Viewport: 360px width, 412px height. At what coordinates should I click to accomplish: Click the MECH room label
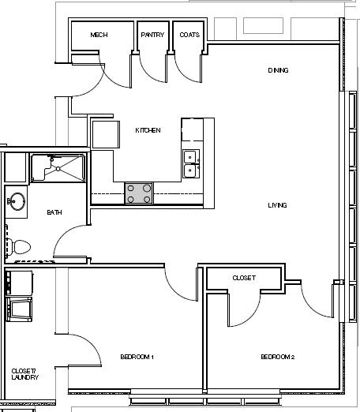tap(99, 36)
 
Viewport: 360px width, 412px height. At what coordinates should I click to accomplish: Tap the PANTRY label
tap(152, 36)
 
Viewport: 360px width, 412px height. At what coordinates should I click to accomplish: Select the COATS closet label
tap(189, 36)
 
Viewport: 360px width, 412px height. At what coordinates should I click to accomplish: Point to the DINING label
tap(278, 71)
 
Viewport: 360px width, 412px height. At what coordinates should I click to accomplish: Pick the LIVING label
tap(277, 205)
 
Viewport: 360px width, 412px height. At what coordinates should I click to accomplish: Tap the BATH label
tap(54, 212)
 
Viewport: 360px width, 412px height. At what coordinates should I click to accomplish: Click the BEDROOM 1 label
tap(137, 358)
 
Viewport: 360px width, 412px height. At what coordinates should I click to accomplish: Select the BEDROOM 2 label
tap(277, 358)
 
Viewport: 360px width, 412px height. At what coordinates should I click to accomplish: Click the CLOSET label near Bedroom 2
tap(243, 279)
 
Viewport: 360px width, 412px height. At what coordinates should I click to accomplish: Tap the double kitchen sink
tap(190, 163)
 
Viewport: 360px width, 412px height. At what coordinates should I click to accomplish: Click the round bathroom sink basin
tap(17, 200)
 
